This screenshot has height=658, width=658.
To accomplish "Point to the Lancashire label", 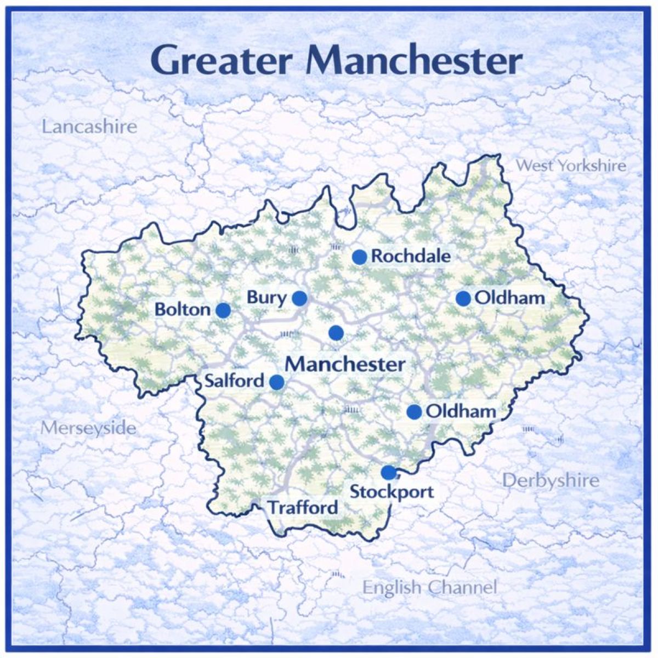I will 89,127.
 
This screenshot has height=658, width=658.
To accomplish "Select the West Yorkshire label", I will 571,165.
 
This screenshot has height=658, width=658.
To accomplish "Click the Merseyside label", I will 88,428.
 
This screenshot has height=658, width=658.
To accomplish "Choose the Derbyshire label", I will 551,481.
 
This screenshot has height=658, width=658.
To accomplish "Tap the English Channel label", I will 430,588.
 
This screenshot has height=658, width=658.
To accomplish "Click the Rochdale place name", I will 411,256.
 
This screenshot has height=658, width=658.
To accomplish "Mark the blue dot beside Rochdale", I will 359,257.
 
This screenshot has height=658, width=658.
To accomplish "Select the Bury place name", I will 266,298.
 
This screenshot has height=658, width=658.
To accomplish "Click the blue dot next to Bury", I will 299,298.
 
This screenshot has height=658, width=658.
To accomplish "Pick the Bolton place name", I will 182,310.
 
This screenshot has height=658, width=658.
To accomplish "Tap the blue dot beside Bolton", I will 223,310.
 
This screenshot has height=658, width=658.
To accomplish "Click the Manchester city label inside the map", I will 345,364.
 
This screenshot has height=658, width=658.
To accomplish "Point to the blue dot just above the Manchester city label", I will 336,332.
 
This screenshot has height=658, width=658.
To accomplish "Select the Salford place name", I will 234,381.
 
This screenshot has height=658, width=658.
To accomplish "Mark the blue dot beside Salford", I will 277,382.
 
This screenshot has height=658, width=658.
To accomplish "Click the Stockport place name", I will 392,492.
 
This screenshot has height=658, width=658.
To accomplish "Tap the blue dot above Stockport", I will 388,472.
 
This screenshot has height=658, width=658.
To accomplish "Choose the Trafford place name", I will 303,508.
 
